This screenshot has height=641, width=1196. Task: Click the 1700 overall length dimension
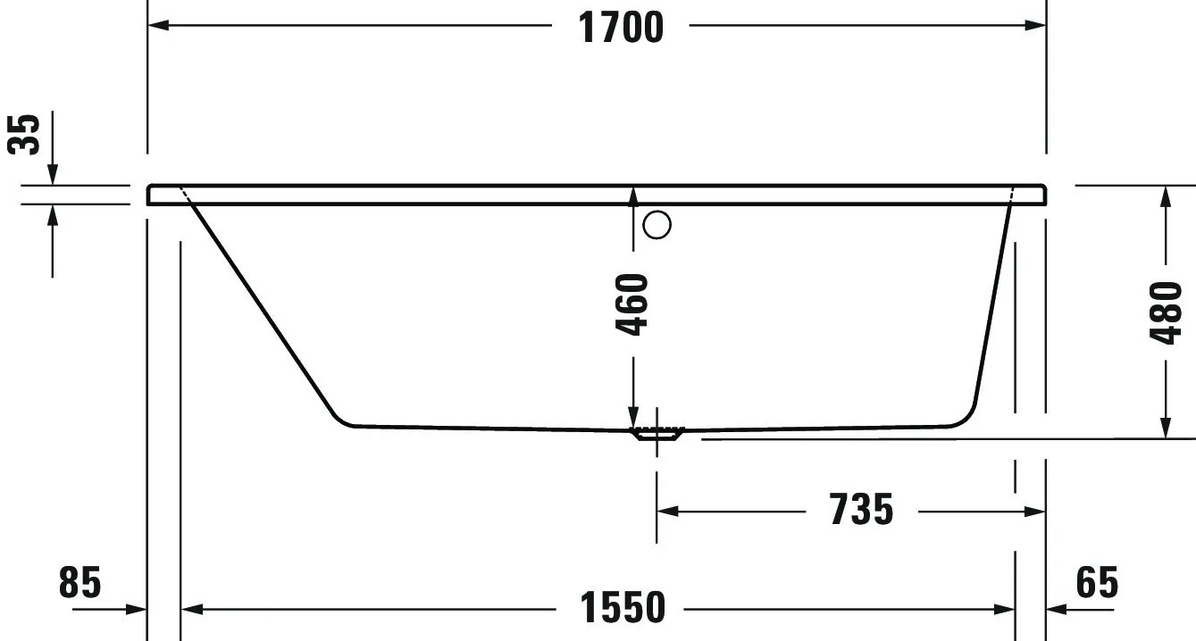point(622,27)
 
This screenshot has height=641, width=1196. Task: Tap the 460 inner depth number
point(633,304)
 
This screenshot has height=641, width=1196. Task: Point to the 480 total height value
point(1166,312)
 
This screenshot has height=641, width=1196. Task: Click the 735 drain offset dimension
point(861,511)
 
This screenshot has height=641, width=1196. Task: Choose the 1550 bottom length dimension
point(623,609)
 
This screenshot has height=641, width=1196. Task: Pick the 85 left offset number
point(80,583)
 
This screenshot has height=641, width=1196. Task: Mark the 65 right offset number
point(1096,583)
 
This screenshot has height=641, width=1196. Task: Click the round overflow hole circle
point(657,225)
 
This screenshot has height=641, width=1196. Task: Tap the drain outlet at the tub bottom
point(657,434)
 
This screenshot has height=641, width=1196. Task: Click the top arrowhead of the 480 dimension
point(1166,196)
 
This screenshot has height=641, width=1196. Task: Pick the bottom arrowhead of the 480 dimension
point(1166,429)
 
